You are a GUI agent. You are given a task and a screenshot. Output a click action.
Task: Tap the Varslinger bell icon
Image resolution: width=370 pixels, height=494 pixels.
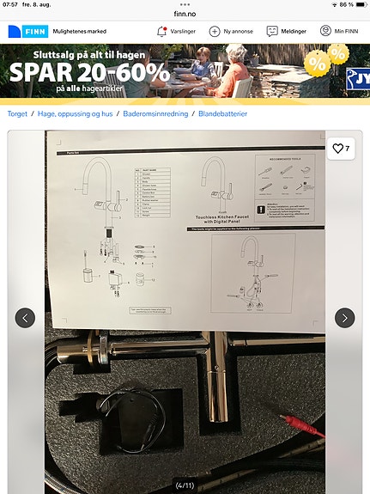[161, 31]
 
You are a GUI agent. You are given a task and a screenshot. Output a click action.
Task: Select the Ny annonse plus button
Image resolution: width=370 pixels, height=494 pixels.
[215, 31]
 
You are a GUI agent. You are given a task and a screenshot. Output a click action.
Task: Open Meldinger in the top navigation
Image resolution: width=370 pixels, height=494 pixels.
[272, 31]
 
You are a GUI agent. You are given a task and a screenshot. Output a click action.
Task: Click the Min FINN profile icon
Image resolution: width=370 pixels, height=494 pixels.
[325, 31]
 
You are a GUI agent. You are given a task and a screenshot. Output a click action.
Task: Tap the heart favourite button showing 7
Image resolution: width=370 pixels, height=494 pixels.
[341, 149]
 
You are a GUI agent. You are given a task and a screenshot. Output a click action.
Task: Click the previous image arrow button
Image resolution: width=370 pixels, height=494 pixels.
[26, 317]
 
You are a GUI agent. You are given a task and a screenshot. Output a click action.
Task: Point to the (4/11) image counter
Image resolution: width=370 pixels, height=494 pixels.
[185, 485]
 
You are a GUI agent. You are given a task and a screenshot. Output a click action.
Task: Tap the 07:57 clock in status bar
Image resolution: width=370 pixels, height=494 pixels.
[10, 4]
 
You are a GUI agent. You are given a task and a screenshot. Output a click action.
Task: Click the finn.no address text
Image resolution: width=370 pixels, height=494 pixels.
[185, 13]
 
